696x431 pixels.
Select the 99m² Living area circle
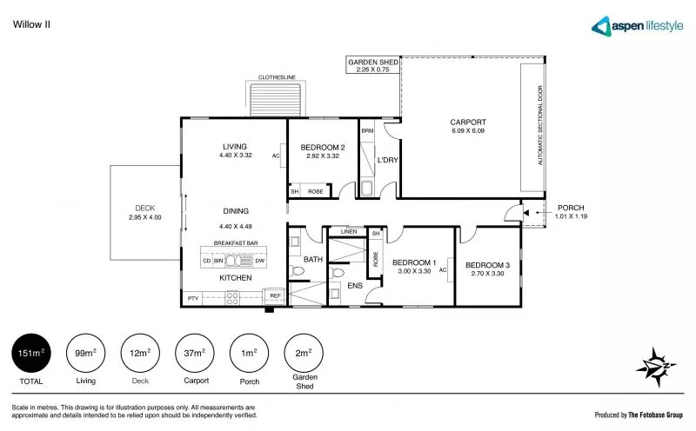click(84, 354)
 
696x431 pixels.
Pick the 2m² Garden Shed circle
click(303, 354)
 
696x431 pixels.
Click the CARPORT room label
click(467, 123)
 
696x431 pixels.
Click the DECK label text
click(144, 208)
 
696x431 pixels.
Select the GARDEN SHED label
click(373, 63)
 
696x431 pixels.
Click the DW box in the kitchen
click(259, 261)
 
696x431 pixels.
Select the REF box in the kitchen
click(274, 296)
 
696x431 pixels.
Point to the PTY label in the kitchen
click(192, 298)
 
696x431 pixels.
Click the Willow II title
click(31, 24)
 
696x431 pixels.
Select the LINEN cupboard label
click(348, 232)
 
